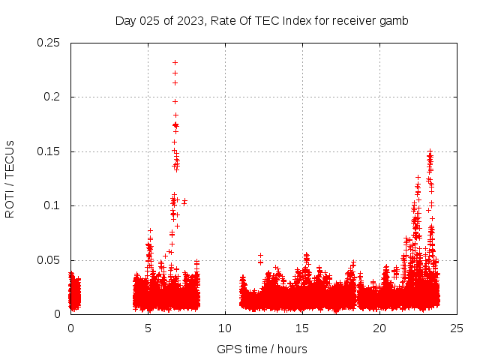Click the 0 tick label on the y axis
(58, 314)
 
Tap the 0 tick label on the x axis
(70, 328)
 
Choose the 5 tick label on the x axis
(148, 328)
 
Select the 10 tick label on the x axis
(225, 328)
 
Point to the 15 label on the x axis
(302, 328)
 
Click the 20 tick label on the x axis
(379, 328)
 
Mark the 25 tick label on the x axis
(457, 328)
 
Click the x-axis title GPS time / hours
(263, 349)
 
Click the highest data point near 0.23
(175, 63)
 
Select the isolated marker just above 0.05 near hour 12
(260, 256)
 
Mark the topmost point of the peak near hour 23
(430, 151)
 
